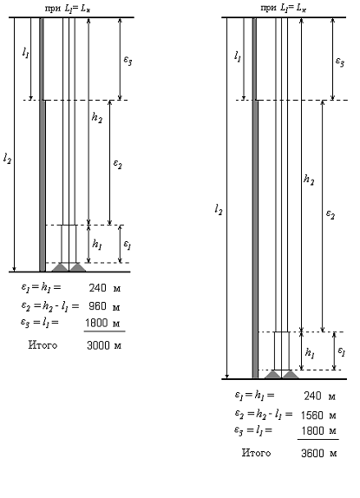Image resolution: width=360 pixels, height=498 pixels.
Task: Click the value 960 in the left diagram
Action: (97, 306)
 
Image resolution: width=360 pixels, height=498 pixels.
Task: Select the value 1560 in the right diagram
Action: (313, 415)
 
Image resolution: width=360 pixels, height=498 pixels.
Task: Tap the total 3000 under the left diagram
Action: (98, 345)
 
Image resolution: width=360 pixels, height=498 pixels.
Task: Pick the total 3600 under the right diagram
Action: (312, 453)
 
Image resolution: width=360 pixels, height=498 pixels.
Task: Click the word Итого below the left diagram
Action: (43, 345)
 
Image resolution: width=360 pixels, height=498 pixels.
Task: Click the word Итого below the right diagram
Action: (256, 453)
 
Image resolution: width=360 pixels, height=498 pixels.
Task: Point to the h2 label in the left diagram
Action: (97, 118)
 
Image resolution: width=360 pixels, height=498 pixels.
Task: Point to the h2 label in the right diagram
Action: (309, 180)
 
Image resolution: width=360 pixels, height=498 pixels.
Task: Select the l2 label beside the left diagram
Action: (7, 158)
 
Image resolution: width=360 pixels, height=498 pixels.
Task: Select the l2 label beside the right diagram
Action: (219, 210)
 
